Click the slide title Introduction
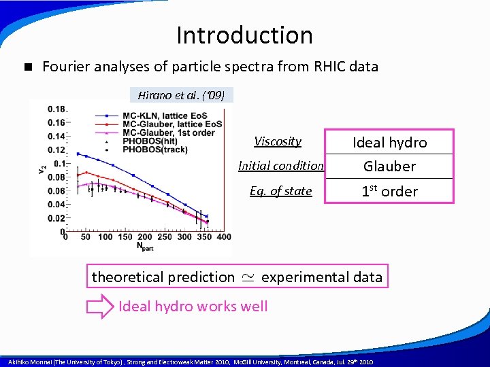244,35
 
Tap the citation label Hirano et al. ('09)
181,95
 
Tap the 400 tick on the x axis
223,237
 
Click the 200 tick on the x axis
145,237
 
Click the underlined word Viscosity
278,141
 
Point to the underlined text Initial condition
280,166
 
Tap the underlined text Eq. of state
280,191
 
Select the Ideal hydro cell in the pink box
389,142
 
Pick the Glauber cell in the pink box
389,167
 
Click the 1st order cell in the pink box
389,191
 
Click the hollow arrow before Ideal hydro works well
101,307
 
